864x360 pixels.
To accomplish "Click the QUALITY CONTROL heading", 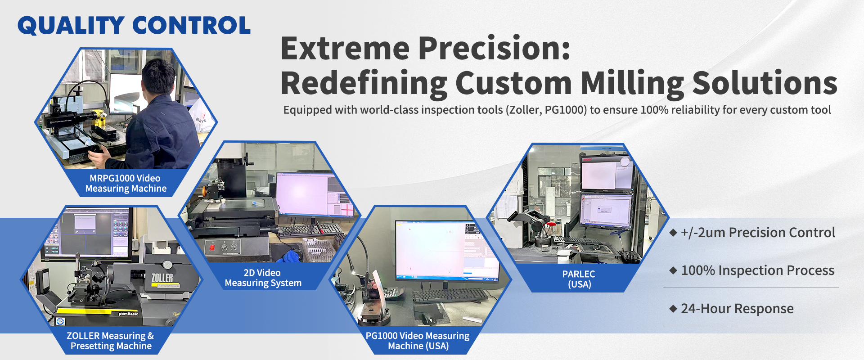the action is coord(134,26).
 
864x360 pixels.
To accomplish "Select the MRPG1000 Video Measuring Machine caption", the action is coord(126,183).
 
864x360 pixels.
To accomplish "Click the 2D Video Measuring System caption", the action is coord(263,278).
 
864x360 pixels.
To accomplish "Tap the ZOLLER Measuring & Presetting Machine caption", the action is coord(111,341).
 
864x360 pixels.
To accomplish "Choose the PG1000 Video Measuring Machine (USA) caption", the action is coord(418,341).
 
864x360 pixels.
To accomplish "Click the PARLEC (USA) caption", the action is coord(579,279).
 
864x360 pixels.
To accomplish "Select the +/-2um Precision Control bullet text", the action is coord(758,233).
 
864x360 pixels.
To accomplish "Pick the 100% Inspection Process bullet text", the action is coord(757,270).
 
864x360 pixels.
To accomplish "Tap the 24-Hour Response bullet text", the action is coord(737,309).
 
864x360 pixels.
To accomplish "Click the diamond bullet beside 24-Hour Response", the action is coord(673,309).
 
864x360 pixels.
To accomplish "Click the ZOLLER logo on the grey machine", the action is coord(162,278).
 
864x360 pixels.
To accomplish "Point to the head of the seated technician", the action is coord(158,78).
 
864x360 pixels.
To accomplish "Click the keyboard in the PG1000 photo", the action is coord(450,296).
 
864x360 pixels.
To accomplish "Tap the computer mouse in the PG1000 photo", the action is coord(427,319).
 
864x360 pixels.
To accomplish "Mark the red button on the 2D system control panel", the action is coord(212,247).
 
